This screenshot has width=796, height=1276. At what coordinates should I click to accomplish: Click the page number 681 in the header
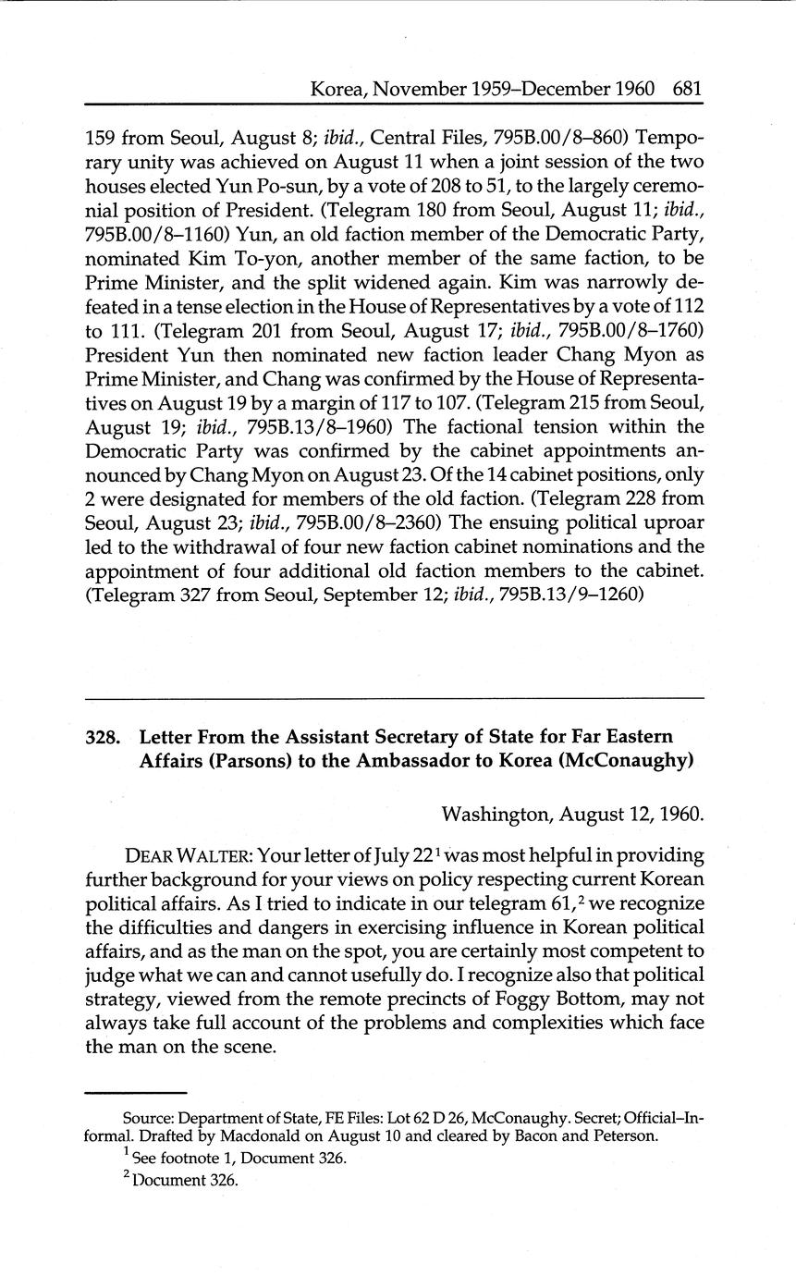pos(688,90)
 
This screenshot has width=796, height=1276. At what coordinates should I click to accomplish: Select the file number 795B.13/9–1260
pos(569,595)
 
